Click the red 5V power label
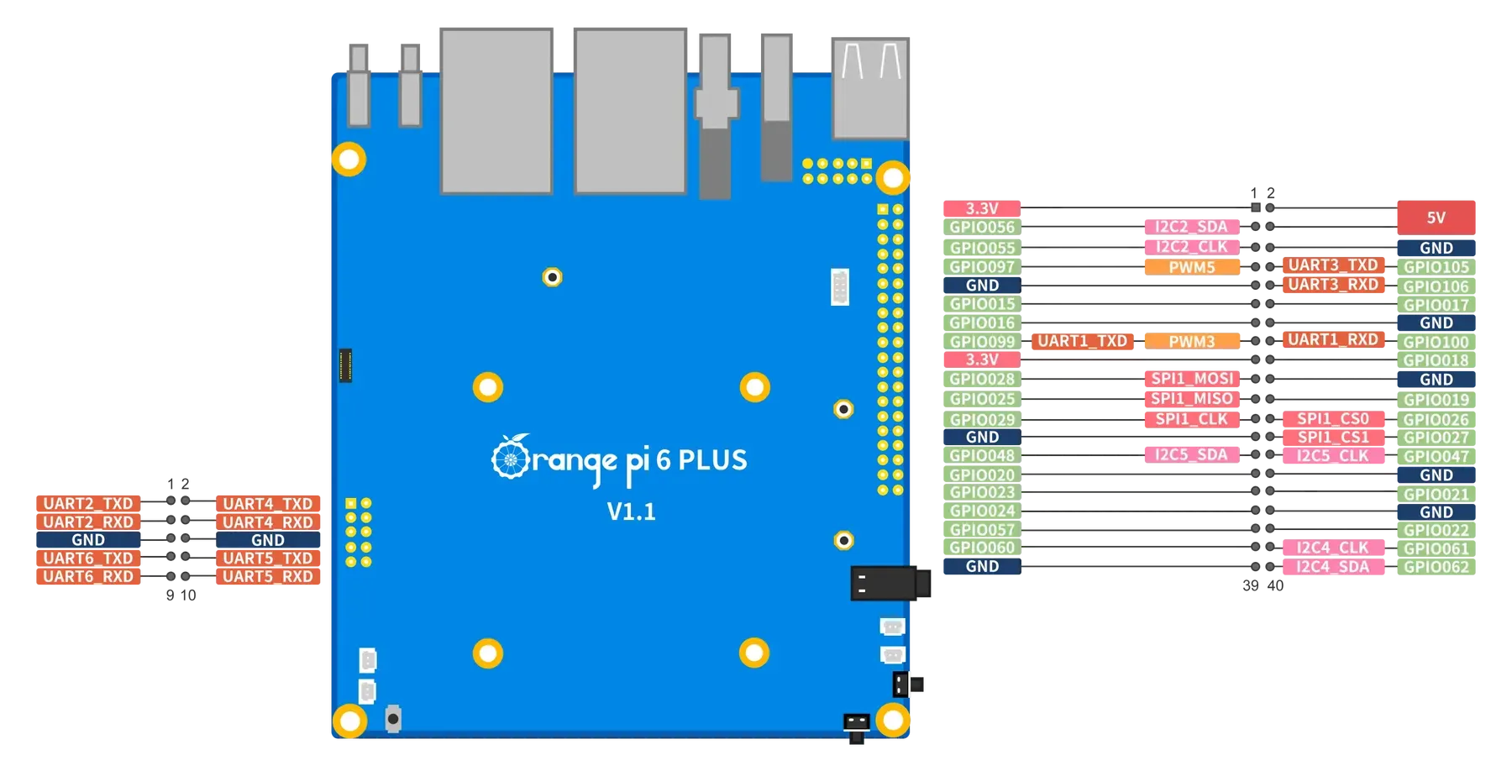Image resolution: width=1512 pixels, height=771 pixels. [1436, 218]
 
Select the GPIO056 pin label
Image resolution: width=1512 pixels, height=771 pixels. [981, 228]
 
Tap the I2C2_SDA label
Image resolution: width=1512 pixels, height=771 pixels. [1191, 227]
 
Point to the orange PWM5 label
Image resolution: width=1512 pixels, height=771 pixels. [1191, 268]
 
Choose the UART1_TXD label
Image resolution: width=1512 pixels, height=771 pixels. [1082, 341]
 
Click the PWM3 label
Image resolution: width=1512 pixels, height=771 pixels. [1191, 342]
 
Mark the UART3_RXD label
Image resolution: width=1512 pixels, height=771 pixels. [1332, 285]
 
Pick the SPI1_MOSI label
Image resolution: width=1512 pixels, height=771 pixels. [1191, 379]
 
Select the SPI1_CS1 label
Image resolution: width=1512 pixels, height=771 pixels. [1332, 438]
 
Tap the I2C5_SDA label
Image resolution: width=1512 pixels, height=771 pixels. [1191, 455]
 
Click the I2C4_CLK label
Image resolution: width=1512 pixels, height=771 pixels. [1332, 548]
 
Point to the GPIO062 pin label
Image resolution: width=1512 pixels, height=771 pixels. [1436, 567]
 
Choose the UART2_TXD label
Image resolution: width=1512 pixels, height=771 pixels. [87, 504]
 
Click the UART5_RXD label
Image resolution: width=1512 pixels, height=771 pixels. [268, 577]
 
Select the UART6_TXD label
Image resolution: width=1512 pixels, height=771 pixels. [87, 559]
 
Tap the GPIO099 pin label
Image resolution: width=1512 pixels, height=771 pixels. [981, 342]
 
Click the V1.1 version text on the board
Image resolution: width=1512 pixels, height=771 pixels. [631, 511]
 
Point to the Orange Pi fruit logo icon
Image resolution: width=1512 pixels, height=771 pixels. [509, 457]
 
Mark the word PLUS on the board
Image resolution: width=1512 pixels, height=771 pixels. [712, 460]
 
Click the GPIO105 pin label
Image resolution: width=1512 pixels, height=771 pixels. [1436, 268]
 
